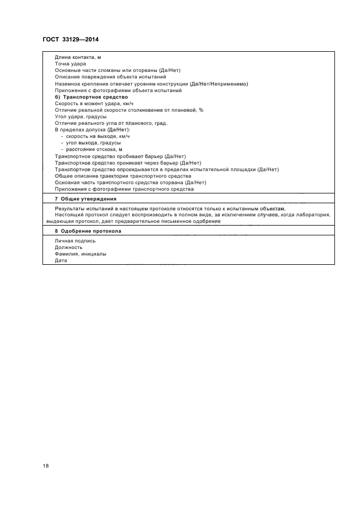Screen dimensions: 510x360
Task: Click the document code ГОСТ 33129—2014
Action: point(70,39)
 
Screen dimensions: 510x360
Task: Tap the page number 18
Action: point(46,466)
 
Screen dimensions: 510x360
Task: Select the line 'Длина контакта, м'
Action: point(78,57)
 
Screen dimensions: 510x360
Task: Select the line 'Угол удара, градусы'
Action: point(81,117)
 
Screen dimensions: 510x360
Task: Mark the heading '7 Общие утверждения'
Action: point(86,199)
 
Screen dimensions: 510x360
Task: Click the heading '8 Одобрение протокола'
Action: point(88,231)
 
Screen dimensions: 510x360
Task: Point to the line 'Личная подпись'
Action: point(75,241)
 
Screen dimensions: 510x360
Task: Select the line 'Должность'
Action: point(69,247)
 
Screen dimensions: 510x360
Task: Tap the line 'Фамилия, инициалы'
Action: point(81,254)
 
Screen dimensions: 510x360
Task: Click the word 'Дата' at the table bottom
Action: point(61,260)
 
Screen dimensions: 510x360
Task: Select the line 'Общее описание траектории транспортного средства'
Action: point(123,176)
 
